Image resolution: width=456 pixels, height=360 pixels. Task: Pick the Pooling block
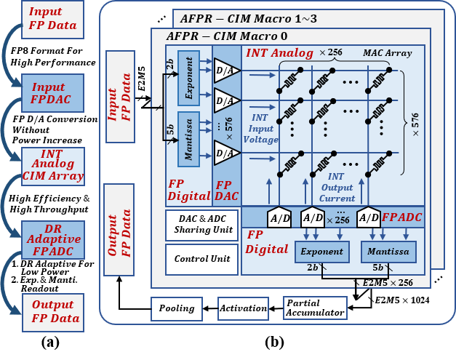pyautogui.click(x=177, y=308)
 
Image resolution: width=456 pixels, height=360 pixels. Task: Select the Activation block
pyautogui.click(x=244, y=308)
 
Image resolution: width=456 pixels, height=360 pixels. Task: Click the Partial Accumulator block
pyautogui.click(x=315, y=308)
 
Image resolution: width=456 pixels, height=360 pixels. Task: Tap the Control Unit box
pyautogui.click(x=202, y=259)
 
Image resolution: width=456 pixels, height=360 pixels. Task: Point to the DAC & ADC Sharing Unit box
pyautogui.click(x=202, y=225)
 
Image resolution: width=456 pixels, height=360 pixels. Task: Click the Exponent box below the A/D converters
pyautogui.click(x=322, y=252)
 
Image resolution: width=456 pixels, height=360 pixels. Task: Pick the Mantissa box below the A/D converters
pyautogui.click(x=388, y=252)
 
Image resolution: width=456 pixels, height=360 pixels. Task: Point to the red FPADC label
pyautogui.click(x=401, y=217)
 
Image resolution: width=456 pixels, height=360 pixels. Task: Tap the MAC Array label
pyautogui.click(x=387, y=52)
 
